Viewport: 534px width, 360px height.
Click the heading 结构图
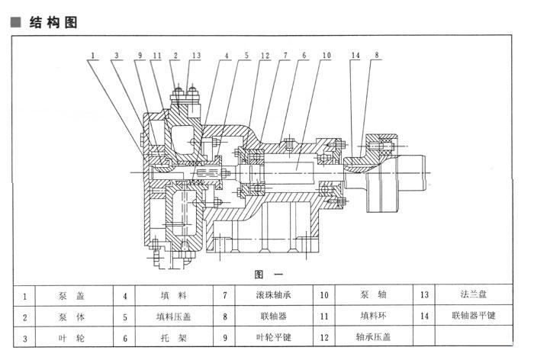[53, 22]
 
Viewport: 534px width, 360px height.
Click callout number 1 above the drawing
[93, 56]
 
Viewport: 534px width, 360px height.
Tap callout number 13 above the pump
[197, 56]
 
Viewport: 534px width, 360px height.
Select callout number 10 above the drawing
[327, 55]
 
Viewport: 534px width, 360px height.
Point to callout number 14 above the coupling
[355, 55]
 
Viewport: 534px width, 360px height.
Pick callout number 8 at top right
[376, 55]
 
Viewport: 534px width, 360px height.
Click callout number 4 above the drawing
[227, 56]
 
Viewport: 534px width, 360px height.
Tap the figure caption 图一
[269, 274]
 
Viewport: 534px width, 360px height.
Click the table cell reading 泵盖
[71, 296]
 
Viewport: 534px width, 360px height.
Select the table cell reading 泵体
[71, 317]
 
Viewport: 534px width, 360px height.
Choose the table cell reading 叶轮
[71, 338]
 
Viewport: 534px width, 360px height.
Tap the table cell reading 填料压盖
[173, 317]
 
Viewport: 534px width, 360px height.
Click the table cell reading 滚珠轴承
[273, 295]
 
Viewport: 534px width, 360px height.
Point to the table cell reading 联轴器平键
[474, 316]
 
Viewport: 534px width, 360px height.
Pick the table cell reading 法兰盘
[474, 294]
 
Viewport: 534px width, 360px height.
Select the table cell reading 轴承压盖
[373, 337]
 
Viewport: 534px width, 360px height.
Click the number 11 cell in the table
[324, 317]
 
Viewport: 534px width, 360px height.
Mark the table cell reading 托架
[173, 338]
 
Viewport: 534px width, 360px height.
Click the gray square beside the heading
[16, 22]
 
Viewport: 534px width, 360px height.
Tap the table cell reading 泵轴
[373, 294]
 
